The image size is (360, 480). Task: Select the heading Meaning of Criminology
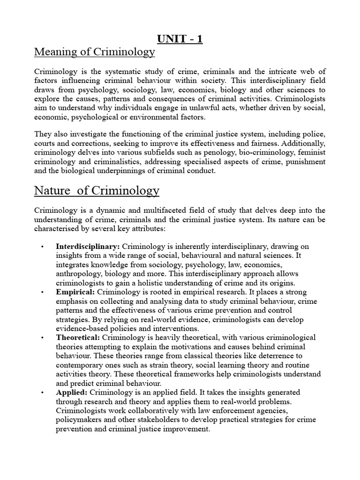95,52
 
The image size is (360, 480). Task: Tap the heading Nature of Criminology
97,191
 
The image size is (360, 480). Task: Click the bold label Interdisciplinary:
88,247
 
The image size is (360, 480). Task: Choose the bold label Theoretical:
78,337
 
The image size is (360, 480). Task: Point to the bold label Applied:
71,392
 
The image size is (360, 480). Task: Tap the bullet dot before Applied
42,392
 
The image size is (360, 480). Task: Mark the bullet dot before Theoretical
42,338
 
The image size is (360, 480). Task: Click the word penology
217,153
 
